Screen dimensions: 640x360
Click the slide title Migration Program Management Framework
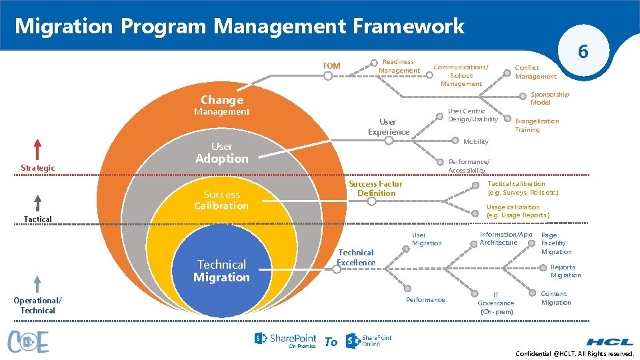tap(239, 26)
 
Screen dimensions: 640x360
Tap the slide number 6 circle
tap(583, 51)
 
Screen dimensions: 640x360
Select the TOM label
tap(331, 65)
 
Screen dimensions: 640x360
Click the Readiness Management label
tap(399, 66)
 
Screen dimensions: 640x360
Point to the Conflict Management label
tap(535, 72)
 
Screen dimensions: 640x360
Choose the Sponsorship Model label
tap(549, 99)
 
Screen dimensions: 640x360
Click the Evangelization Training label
tap(537, 125)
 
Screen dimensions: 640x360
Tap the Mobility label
tap(475, 141)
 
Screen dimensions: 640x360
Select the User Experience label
tap(388, 127)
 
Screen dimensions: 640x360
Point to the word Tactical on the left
tap(37, 219)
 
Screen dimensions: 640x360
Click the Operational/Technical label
tap(37, 305)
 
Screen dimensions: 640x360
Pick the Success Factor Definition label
tap(376, 189)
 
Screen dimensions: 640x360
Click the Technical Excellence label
tap(356, 257)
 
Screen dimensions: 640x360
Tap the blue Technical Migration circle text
tap(221, 271)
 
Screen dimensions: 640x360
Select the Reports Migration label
tap(565, 271)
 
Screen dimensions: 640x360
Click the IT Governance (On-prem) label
tap(496, 303)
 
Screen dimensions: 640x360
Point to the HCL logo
tap(610, 341)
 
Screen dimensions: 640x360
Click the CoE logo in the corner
tap(29, 341)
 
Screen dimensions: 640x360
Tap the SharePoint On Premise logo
tap(285, 341)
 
